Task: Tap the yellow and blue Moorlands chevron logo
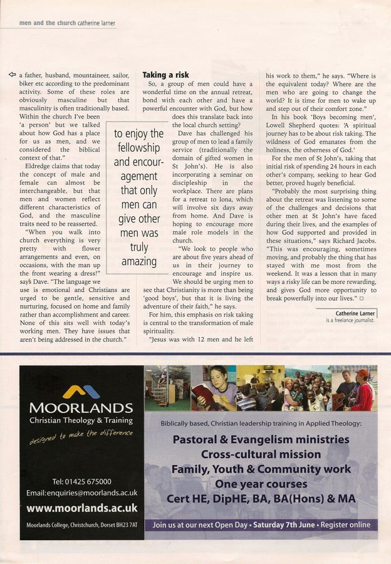point(81,392)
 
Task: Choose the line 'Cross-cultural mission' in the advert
point(261,454)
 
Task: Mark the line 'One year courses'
point(261,484)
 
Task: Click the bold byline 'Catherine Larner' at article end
point(355,313)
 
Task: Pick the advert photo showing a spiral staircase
point(167,389)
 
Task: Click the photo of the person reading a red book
point(214,389)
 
